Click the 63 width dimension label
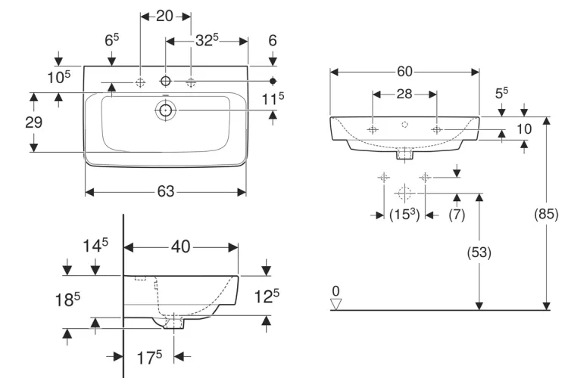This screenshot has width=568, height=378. click(166, 191)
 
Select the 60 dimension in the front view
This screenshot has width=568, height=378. click(404, 72)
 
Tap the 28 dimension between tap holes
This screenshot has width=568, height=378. click(404, 94)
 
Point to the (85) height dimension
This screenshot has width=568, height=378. click(546, 214)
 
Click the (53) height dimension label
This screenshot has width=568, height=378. click(479, 252)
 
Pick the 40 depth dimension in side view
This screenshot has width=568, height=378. click(181, 246)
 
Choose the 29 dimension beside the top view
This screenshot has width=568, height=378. click(33, 122)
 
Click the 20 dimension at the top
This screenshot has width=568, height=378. click(165, 16)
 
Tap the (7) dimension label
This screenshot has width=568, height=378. click(457, 215)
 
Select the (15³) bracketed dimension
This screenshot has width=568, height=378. click(404, 215)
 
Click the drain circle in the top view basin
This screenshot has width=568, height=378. click(166, 110)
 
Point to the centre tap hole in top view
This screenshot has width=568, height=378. click(166, 81)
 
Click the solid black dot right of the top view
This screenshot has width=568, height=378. click(273, 81)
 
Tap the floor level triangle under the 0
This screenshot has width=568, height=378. click(336, 304)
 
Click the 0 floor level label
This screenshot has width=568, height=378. click(335, 291)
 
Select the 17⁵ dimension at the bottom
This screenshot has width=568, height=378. click(149, 358)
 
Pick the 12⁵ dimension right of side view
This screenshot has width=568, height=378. click(267, 296)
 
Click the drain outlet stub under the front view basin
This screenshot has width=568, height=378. click(404, 154)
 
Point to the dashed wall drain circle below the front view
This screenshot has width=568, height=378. click(404, 194)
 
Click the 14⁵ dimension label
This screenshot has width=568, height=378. click(95, 245)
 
